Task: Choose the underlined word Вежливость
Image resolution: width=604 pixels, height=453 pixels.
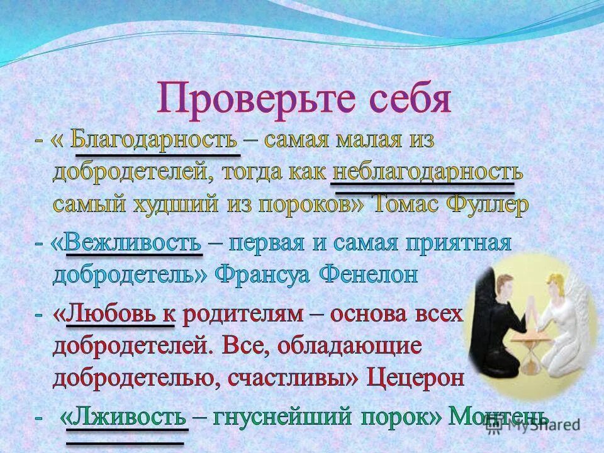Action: tap(133, 243)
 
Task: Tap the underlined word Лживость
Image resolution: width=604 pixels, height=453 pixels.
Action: tap(126, 417)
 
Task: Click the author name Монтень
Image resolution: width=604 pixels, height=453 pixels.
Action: tap(497, 416)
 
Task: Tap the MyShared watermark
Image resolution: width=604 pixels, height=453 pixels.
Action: tap(548, 425)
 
